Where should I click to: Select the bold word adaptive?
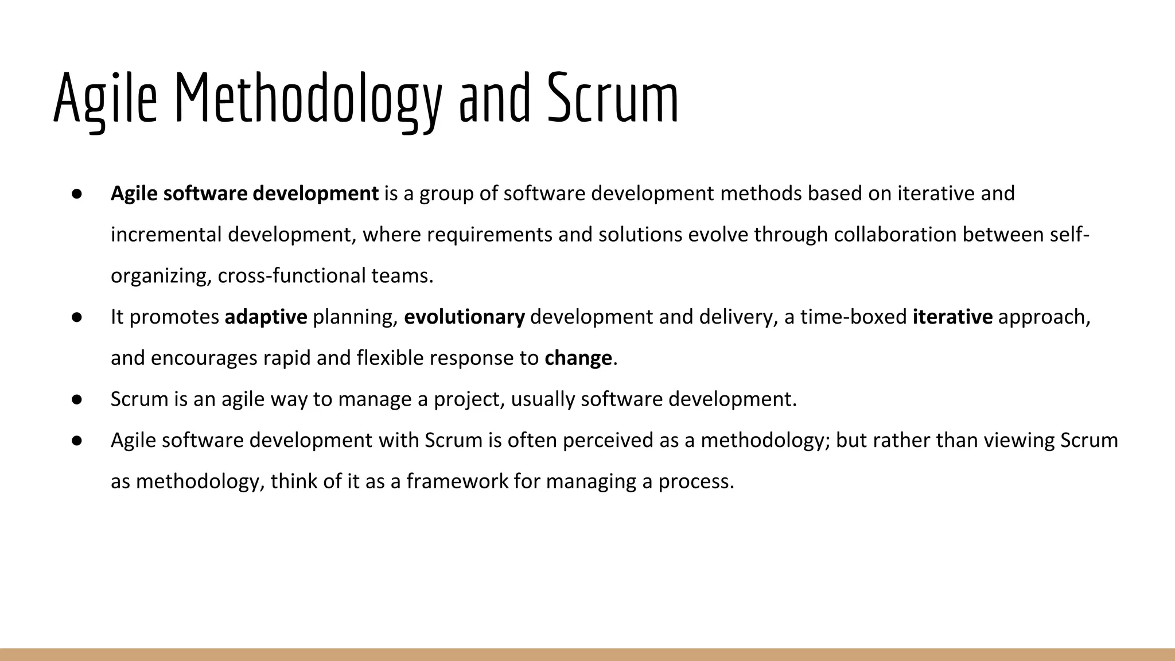coord(266,317)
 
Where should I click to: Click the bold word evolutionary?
coord(464,317)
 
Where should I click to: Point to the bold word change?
coord(578,358)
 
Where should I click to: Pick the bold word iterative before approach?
coord(952,317)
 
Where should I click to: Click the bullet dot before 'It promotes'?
coord(77,317)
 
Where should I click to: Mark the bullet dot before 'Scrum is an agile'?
coord(77,399)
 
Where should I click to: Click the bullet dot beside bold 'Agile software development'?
coord(77,194)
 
